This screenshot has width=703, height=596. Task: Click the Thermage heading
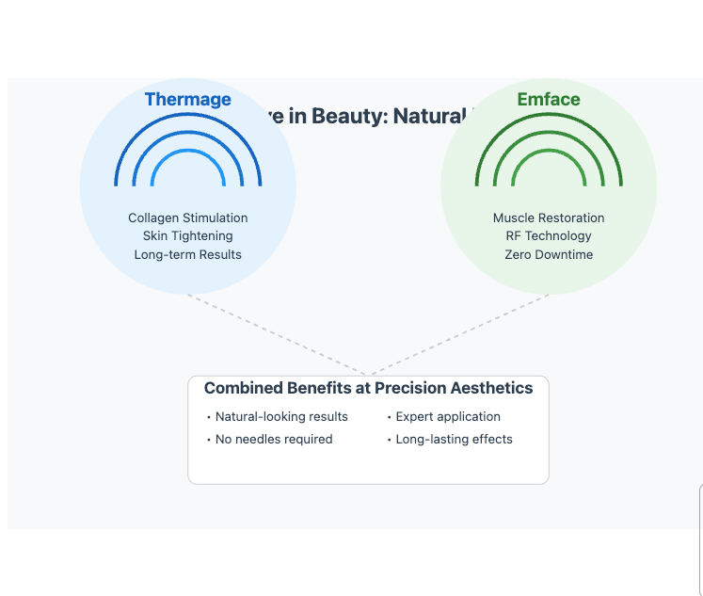[187, 100]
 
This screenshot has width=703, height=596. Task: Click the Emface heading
[549, 100]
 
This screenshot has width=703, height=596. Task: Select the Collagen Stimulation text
[188, 217]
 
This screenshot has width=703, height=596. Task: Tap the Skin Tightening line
[188, 236]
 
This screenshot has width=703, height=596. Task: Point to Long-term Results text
[188, 254]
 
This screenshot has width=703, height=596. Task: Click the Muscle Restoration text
[549, 217]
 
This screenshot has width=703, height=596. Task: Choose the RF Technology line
[549, 236]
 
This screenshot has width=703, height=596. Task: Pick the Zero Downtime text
[549, 254]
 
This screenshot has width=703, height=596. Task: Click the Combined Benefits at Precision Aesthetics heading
[368, 388]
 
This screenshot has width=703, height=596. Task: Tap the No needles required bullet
[274, 439]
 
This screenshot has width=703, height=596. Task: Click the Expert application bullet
[448, 416]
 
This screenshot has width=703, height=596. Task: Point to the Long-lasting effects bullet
[454, 439]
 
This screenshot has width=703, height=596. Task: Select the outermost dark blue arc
[188, 115]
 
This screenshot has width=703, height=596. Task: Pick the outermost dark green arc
[549, 115]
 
